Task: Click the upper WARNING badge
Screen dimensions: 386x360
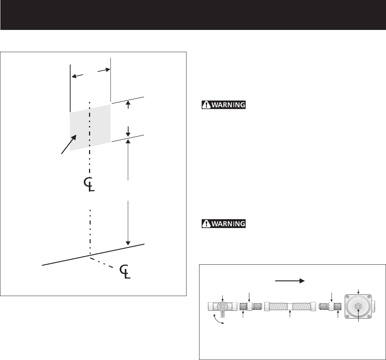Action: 223,105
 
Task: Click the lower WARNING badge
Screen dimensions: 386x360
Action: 223,224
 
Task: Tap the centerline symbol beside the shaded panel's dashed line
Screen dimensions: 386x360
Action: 89,184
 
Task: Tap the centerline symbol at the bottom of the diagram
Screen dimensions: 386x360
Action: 125,272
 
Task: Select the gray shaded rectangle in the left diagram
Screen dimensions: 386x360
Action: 90,128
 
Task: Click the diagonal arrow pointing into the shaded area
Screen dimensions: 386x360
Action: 69,145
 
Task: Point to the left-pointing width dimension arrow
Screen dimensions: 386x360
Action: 77,76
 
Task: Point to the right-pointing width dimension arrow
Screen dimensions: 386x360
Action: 104,70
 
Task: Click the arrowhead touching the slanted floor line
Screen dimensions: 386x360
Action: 128,243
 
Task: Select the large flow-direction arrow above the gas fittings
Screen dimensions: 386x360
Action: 290,281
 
